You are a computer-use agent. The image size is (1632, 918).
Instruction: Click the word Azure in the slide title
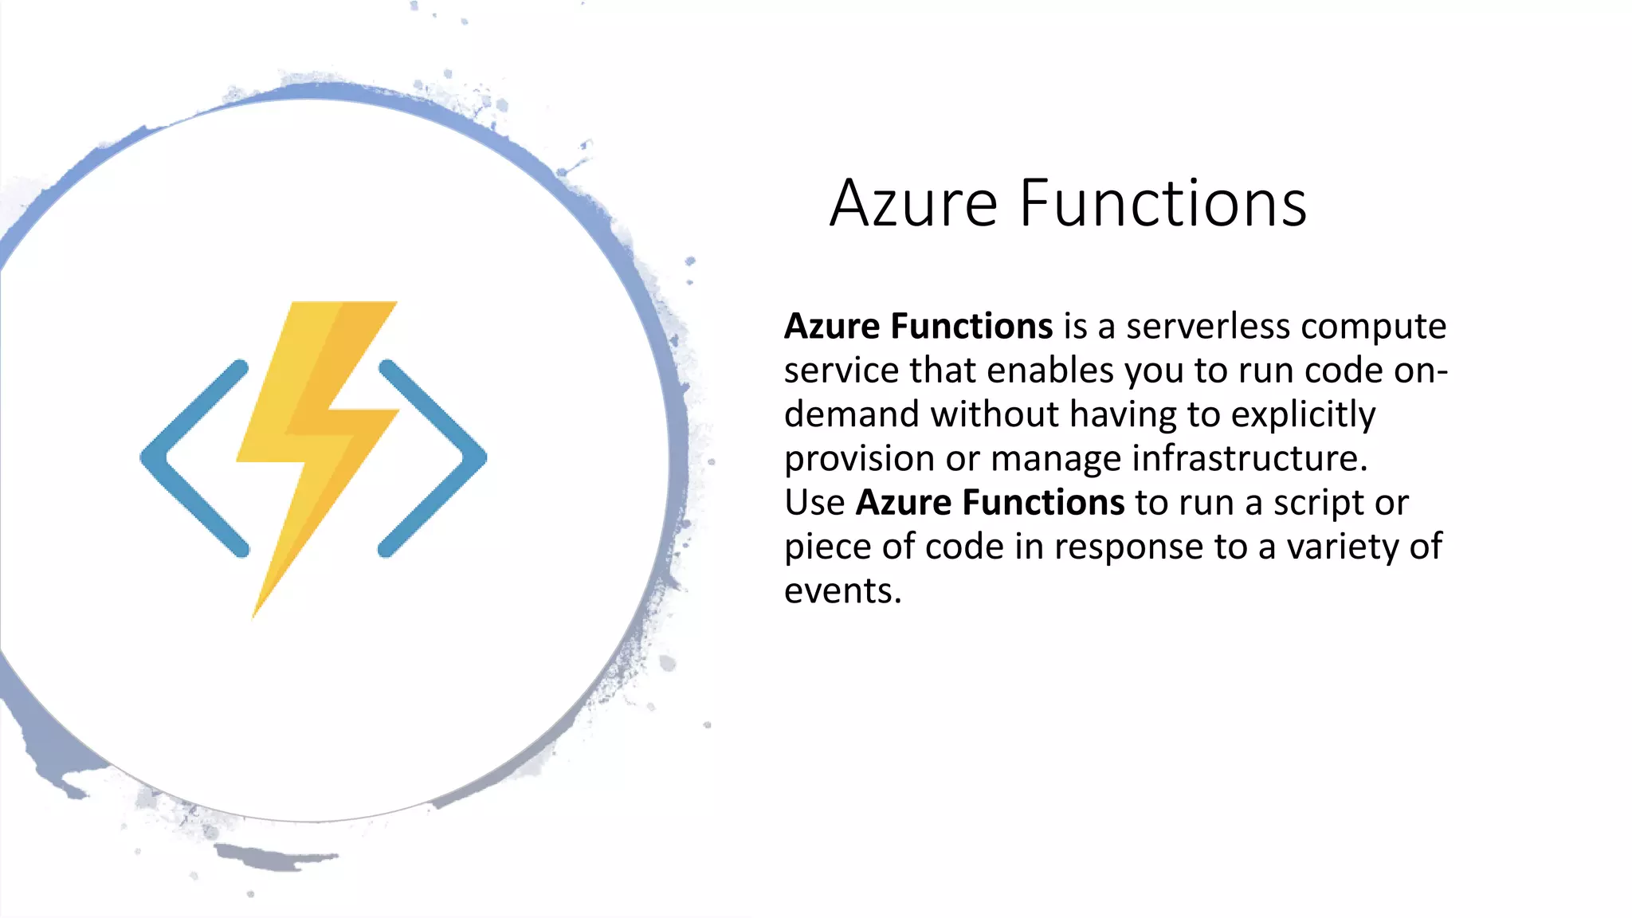pyautogui.click(x=913, y=203)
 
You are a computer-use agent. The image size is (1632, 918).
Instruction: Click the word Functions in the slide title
pyautogui.click(x=1163, y=203)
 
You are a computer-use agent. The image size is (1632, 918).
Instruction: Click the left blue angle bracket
pyautogui.click(x=191, y=458)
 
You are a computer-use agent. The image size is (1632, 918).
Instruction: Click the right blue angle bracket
pyautogui.click(x=434, y=458)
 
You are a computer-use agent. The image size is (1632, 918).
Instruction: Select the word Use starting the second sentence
pyautogui.click(x=814, y=503)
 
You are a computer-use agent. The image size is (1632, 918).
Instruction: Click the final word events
pyautogui.click(x=841, y=591)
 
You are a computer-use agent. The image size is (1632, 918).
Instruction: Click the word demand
pyautogui.click(x=851, y=415)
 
